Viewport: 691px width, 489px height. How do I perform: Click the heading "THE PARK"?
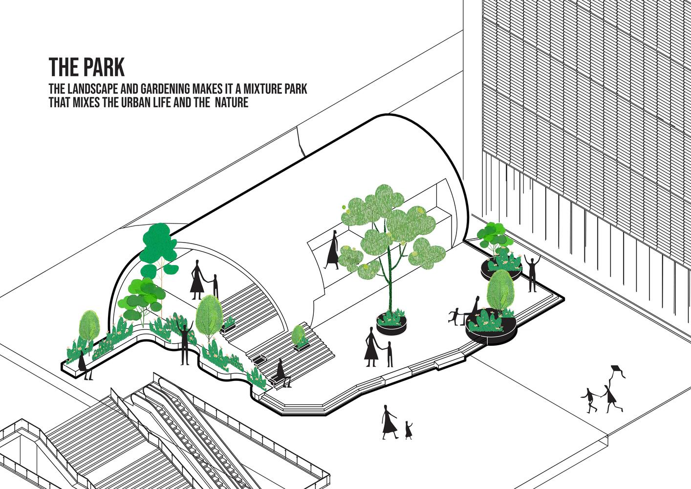coord(86,67)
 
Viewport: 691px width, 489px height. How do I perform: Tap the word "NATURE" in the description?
coord(231,102)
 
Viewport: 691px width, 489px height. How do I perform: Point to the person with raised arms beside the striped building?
coord(532,273)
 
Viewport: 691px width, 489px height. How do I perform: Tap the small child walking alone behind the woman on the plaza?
coord(409,430)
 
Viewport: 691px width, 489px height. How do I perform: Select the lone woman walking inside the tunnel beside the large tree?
coord(332,250)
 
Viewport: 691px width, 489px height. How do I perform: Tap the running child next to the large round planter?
coord(454,315)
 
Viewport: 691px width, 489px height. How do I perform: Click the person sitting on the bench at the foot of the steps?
coord(282,373)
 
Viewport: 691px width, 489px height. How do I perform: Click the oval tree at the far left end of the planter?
coord(89,326)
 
